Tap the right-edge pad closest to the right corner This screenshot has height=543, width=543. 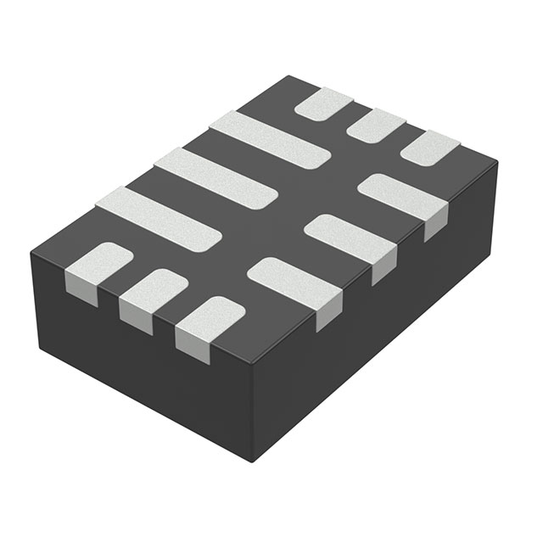pos(404,195)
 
